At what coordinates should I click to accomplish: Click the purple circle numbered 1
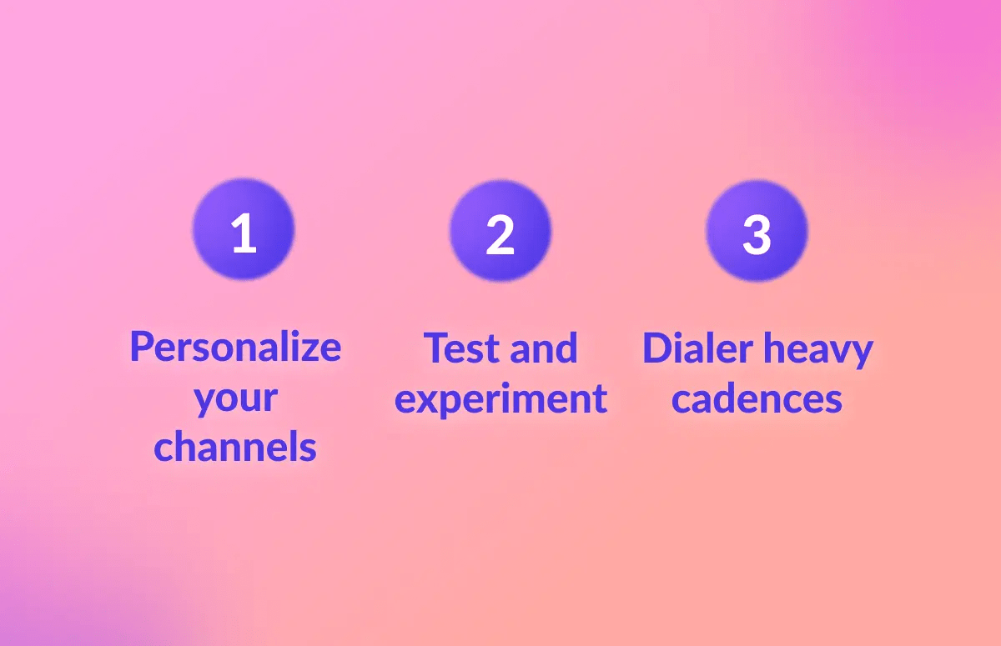(x=244, y=230)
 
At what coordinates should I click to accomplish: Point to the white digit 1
(x=244, y=234)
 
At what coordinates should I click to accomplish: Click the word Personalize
(x=235, y=347)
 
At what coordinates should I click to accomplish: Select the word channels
(x=235, y=448)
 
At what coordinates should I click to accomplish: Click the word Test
(x=461, y=348)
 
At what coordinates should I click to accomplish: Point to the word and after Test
(x=543, y=348)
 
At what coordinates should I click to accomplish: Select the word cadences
(x=757, y=398)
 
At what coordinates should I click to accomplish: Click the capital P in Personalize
(x=142, y=347)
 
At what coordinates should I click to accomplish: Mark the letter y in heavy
(x=861, y=353)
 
